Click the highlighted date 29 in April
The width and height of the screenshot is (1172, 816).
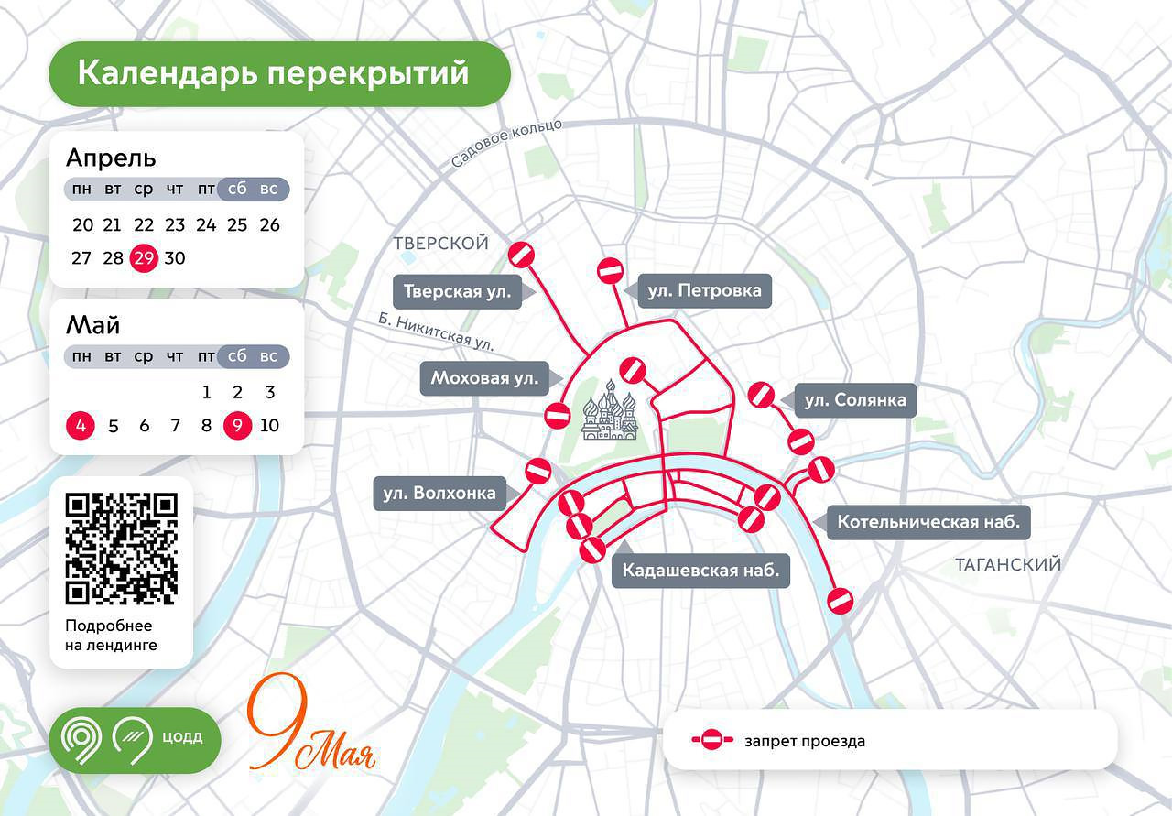(144, 257)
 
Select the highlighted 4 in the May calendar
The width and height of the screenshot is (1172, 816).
(81, 426)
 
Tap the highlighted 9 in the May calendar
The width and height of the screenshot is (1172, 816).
(237, 426)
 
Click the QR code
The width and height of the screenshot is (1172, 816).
(122, 549)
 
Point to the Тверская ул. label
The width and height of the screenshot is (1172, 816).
(457, 292)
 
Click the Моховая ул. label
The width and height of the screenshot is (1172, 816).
(484, 377)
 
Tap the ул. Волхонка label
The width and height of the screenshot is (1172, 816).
(439, 494)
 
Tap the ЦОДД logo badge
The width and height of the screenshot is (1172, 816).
(135, 739)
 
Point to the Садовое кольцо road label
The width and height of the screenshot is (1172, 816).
(506, 144)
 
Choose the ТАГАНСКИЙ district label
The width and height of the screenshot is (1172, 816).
(1007, 564)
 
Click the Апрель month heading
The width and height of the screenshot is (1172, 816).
(111, 158)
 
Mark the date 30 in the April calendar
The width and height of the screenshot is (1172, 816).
(175, 257)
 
